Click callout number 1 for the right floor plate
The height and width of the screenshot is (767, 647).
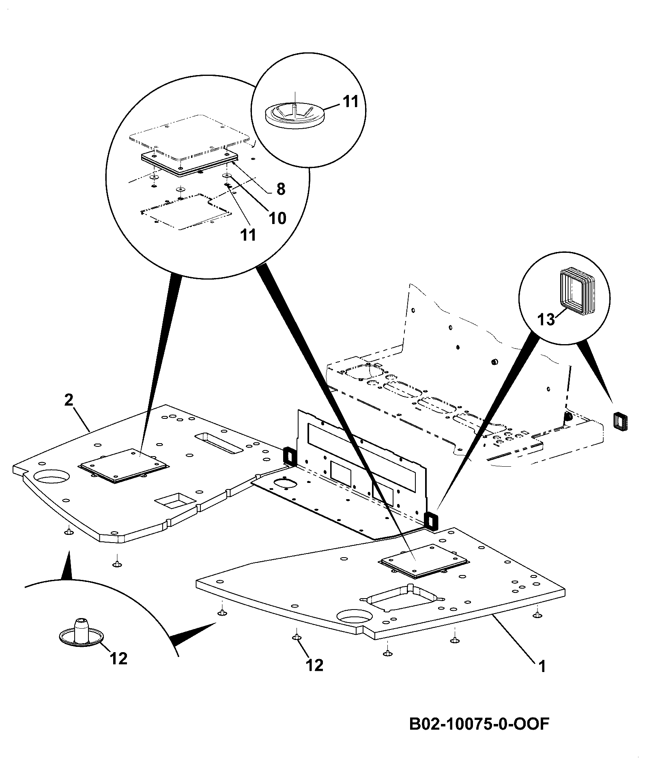pos(542,666)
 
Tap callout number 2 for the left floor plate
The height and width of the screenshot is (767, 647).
pos(69,400)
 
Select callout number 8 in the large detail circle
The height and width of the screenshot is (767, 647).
pos(280,189)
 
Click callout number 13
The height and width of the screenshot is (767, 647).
pos(546,319)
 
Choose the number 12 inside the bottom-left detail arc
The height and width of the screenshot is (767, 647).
pos(118,659)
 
